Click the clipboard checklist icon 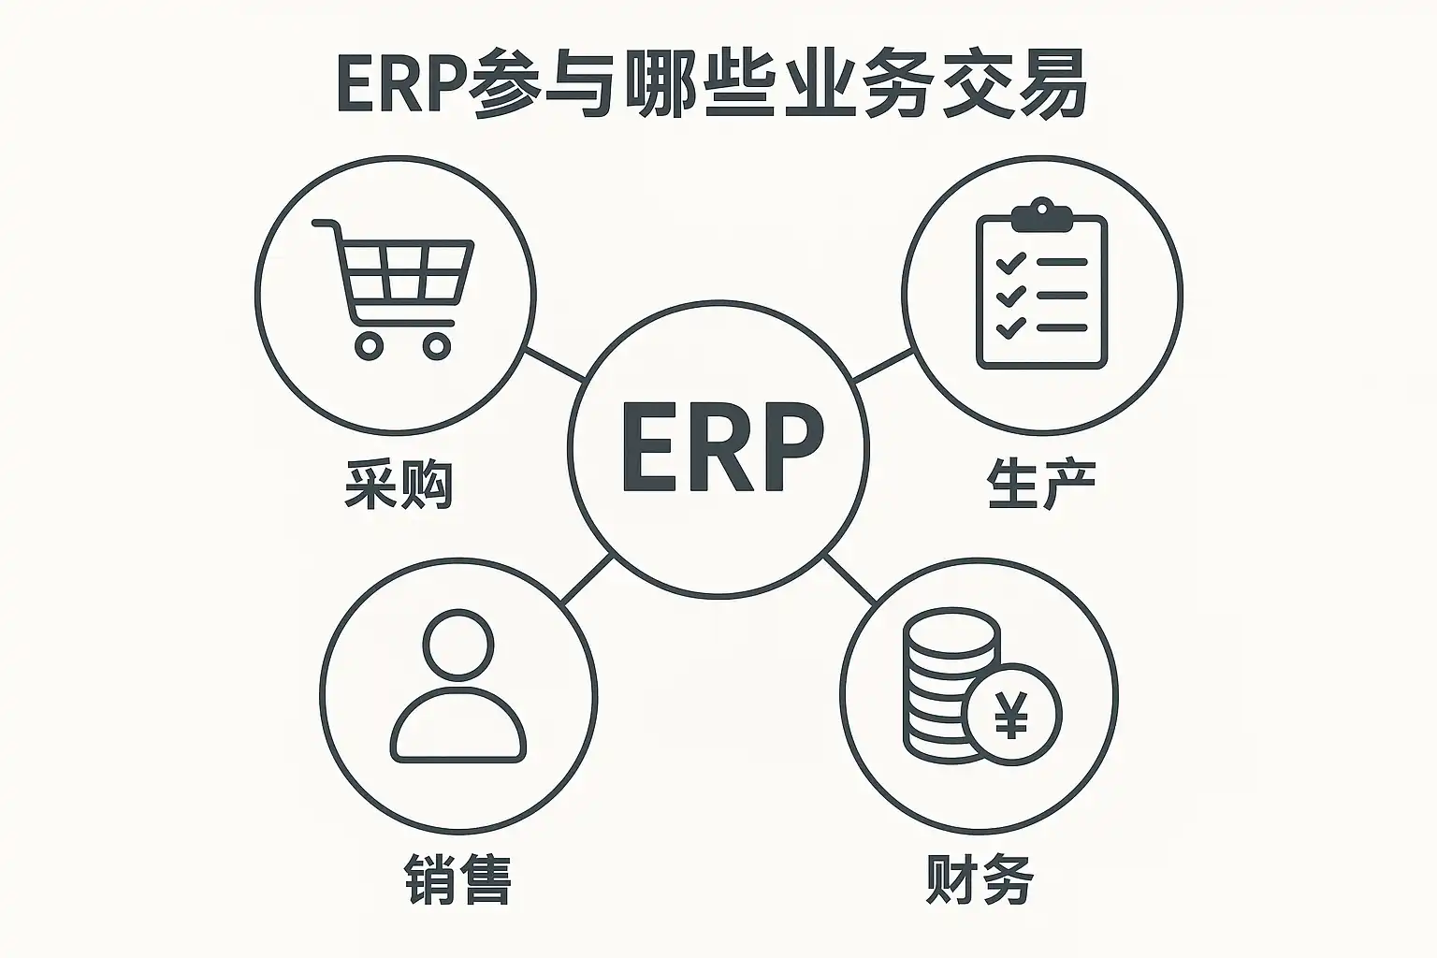[1041, 285]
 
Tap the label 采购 [399, 484]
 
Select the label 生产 [1040, 484]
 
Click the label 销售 [457, 878]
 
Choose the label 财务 [979, 878]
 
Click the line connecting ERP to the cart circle [555, 363]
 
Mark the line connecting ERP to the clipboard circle [882, 366]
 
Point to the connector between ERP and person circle [588, 578]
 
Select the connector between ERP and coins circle [849, 578]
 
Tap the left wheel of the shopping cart [370, 345]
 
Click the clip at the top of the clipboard [1041, 215]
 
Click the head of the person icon [457, 645]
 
